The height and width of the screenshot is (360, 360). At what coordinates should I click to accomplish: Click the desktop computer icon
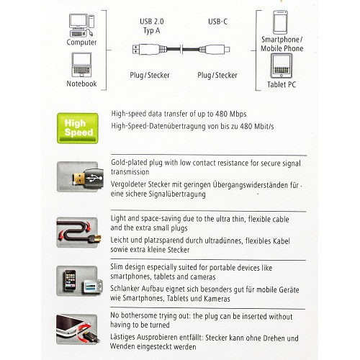pos(81,25)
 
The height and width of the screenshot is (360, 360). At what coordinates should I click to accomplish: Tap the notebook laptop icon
pos(81,65)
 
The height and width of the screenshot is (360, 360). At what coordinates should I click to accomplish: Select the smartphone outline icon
pos(280,22)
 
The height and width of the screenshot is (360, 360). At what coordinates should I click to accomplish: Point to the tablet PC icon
pos(282,66)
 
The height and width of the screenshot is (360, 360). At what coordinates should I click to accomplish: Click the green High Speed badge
pos(78,128)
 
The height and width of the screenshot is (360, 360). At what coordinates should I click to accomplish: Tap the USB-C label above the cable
pos(217,22)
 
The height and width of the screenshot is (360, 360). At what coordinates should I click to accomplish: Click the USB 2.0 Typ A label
pos(152,26)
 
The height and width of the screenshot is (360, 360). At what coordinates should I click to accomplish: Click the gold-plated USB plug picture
pos(81,177)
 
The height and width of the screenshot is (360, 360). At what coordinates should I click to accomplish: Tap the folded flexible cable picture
pos(78,233)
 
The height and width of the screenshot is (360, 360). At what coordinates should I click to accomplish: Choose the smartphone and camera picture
pos(79,281)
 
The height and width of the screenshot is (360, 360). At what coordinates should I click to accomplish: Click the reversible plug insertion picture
pos(78,329)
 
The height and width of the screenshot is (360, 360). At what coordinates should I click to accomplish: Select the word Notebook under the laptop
pos(81,84)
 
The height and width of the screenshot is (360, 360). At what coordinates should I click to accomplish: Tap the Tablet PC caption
pos(282,84)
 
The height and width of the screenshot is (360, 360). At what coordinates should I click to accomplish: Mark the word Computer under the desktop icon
pos(81,42)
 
